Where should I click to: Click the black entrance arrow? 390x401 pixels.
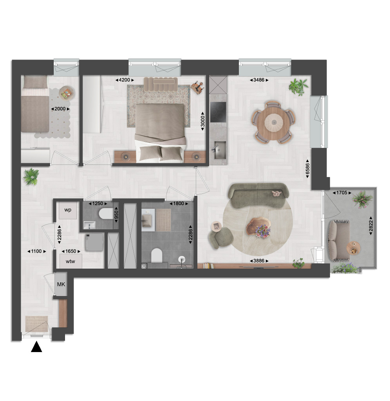(36, 347)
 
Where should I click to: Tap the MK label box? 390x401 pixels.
(61, 284)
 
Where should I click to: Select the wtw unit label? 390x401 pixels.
(70, 261)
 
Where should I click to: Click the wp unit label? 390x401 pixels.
(68, 210)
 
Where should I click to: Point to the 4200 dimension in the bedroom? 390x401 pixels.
(125, 80)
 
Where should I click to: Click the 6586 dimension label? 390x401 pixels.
(308, 168)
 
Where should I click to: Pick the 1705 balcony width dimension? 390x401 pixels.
(342, 193)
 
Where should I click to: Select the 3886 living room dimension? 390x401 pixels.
(259, 261)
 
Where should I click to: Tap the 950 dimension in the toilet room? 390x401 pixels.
(116, 216)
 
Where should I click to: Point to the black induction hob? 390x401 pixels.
(218, 112)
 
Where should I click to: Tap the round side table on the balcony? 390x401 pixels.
(354, 248)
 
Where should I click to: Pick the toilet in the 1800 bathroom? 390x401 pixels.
(157, 255)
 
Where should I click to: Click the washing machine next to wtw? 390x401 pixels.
(94, 242)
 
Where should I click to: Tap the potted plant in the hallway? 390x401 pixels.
(31, 177)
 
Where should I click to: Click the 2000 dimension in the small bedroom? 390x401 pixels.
(60, 109)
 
